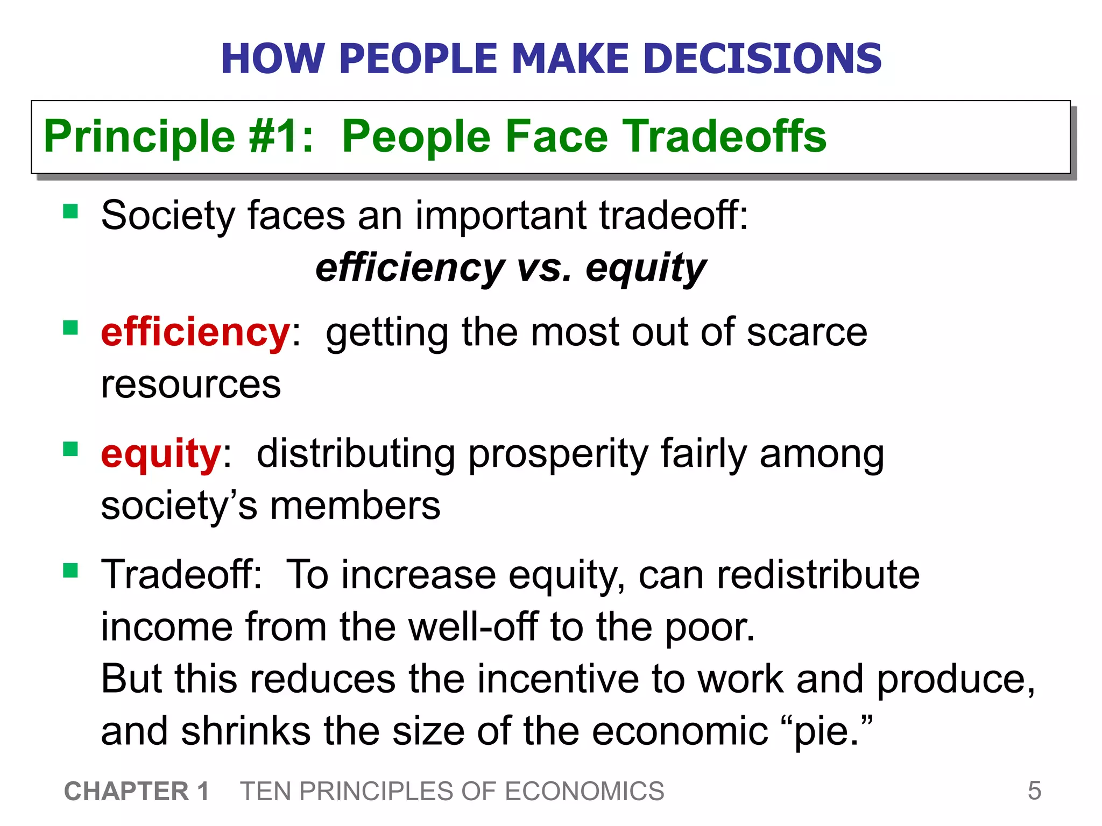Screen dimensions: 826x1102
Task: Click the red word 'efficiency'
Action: tap(195, 332)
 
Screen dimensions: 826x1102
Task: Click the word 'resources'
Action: tap(191, 384)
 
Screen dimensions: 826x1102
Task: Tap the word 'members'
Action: tap(355, 506)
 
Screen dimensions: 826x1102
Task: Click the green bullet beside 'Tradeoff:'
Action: tap(70, 570)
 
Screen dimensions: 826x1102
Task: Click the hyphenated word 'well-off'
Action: tap(473, 627)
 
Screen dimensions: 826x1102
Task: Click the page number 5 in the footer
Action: tap(1034, 791)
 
